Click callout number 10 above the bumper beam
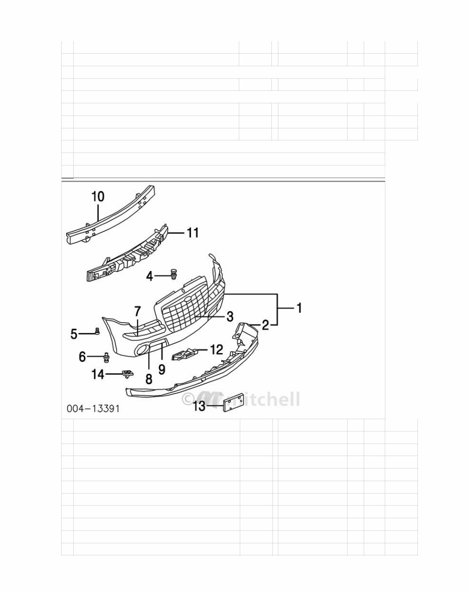98,196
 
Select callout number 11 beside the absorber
193,233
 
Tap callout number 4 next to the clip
149,276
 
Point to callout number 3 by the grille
230,317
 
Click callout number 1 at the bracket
299,308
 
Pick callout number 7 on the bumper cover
137,311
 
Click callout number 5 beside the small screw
74,334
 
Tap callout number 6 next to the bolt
82,357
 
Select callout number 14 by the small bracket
98,374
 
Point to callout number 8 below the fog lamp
148,379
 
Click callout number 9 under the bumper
162,369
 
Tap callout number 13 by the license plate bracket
199,406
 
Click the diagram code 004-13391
93,408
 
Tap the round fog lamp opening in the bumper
143,350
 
